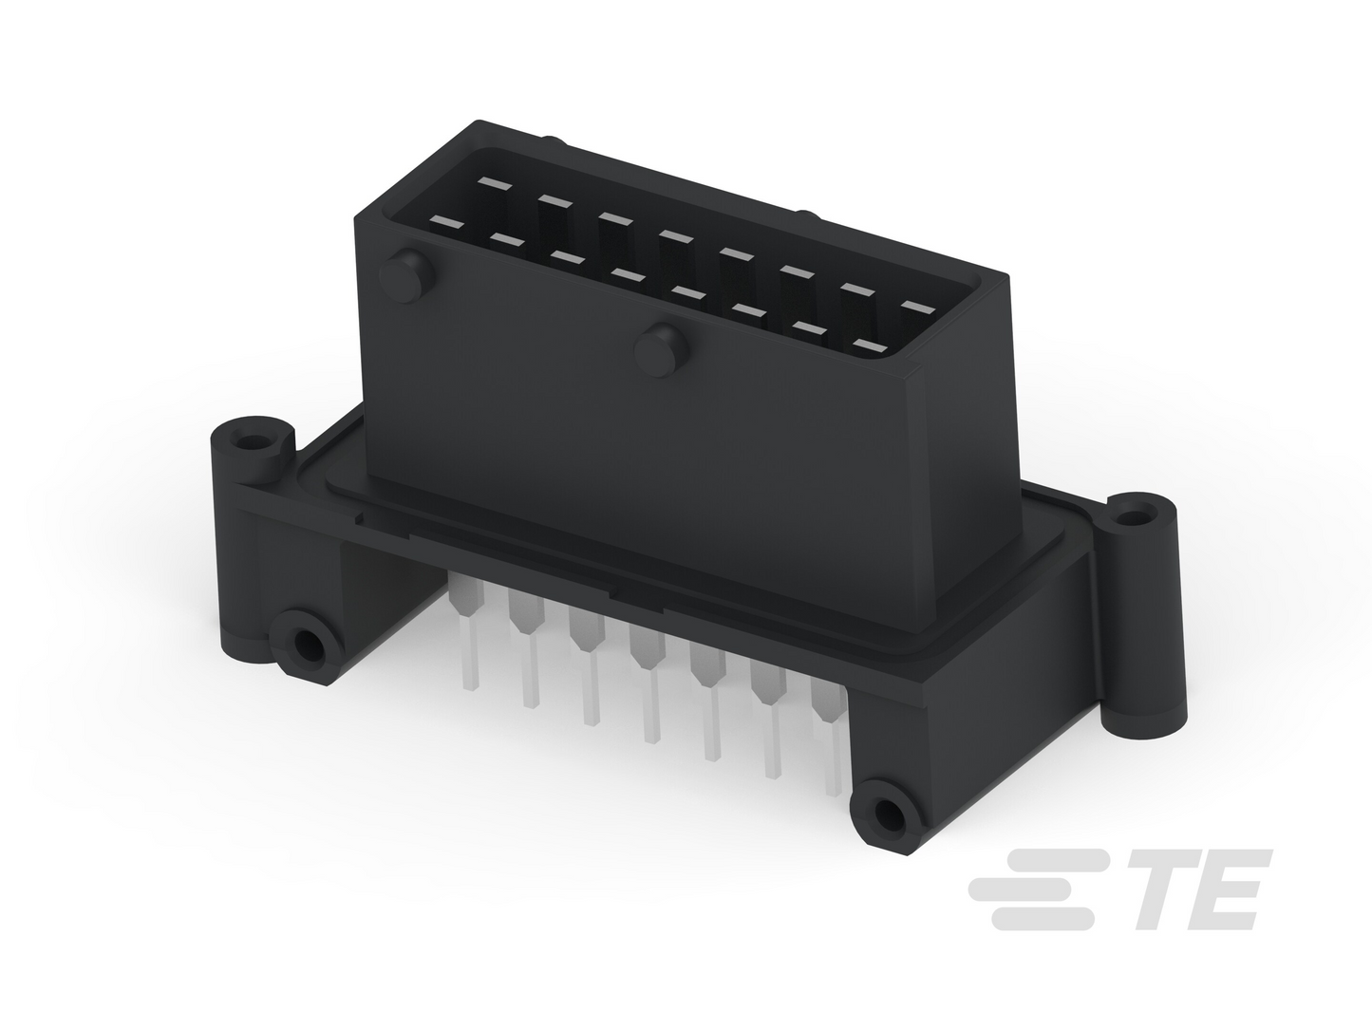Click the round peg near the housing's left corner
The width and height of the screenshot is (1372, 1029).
(407, 275)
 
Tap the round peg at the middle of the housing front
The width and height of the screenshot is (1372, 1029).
(660, 349)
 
